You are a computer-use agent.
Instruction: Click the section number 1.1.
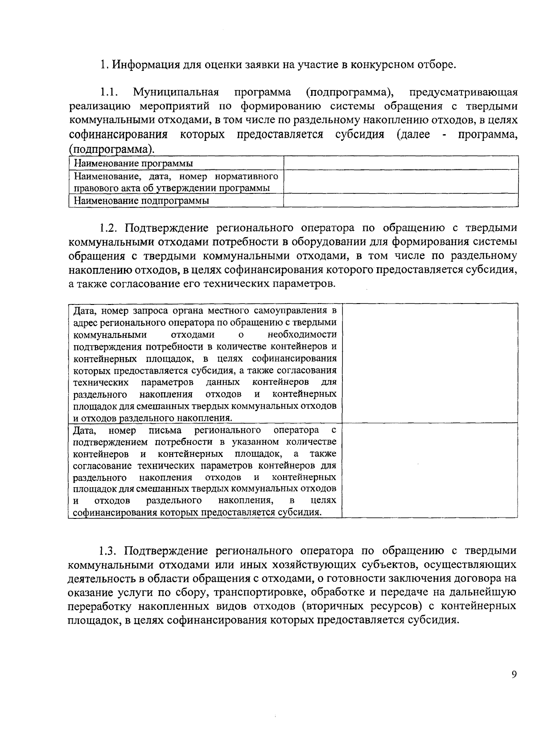pos(108,93)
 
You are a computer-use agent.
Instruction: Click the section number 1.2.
pos(109,228)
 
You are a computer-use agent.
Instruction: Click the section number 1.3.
pos(109,551)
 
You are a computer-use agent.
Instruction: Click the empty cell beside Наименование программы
pos(400,163)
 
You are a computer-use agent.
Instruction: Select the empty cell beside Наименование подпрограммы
pos(400,201)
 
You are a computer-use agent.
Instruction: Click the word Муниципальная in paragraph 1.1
pos(176,93)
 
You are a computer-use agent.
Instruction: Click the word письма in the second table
pos(165,430)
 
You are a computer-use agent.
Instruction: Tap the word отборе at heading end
pos(438,65)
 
